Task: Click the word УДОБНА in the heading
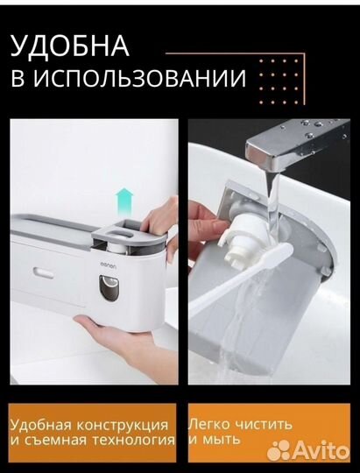point(70,46)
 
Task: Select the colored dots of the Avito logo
point(279,452)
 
